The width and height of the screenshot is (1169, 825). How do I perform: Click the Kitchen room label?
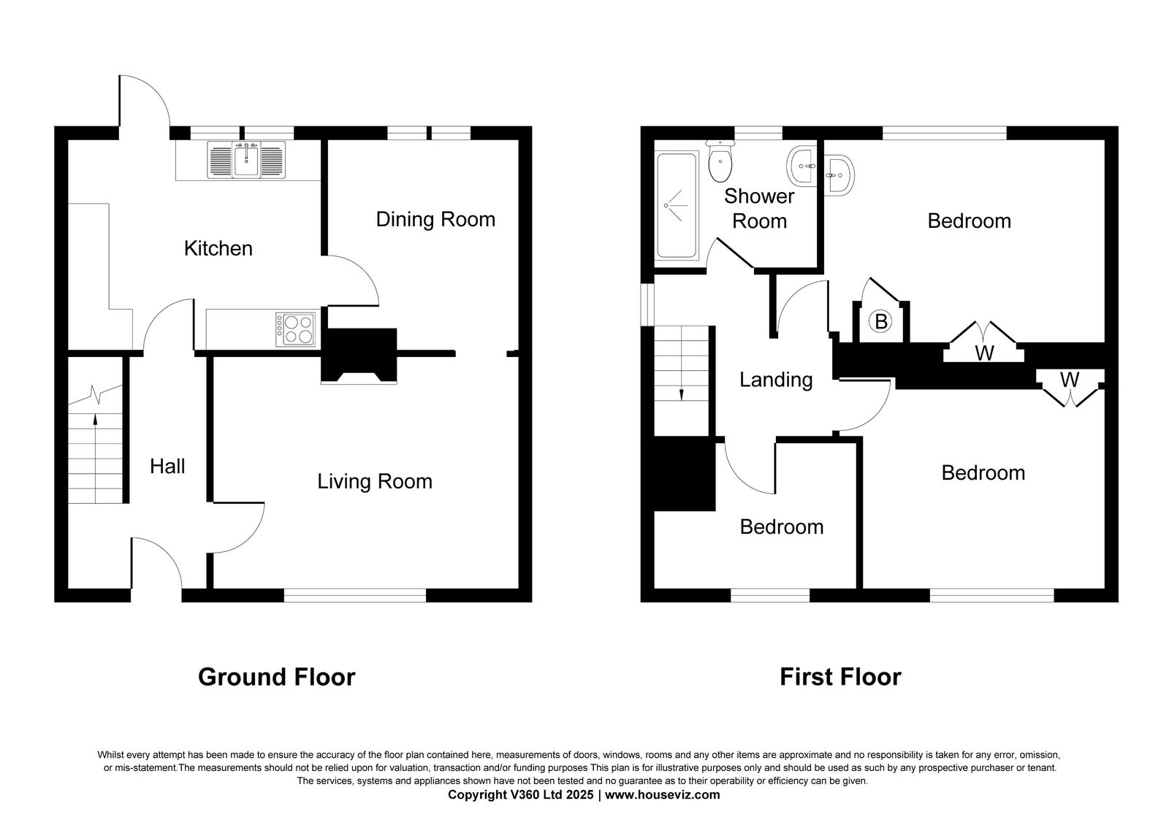pos(218,249)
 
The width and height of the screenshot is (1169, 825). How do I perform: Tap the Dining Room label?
pos(435,220)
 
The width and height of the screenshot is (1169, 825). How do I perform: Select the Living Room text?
pos(375,481)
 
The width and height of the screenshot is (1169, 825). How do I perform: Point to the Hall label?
pos(167,467)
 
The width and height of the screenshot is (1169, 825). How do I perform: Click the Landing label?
pos(776,380)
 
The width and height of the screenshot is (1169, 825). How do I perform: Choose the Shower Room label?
pos(759,209)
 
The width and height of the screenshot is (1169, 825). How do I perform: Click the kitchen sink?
pos(246,160)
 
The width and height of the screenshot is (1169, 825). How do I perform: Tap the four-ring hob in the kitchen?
pos(295,329)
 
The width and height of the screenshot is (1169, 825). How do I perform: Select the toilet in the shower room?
pos(720,161)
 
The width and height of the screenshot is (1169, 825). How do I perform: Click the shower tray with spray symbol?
pos(677,205)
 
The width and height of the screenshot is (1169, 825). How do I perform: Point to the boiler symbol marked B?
pos(881,322)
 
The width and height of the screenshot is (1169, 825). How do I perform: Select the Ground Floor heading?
pos(277,678)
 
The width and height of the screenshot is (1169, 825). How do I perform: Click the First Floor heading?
pos(840,678)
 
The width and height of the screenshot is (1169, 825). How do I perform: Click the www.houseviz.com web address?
pos(662,795)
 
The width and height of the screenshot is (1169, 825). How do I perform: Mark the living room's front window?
pos(355,595)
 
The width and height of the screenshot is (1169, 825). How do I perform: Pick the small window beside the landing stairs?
pos(647,304)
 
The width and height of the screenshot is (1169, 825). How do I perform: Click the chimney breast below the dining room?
pos(359,356)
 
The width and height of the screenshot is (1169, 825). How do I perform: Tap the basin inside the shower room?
pos(801,166)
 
